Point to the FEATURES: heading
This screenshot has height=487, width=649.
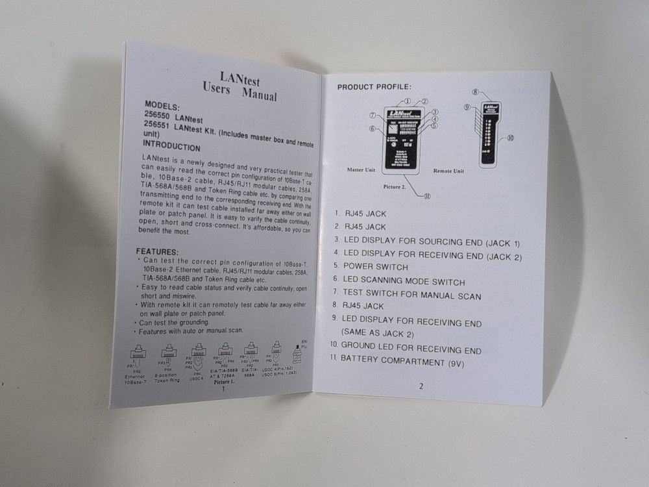(157, 251)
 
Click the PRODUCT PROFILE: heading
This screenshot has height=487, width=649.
(374, 87)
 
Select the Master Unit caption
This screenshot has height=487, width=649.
(361, 170)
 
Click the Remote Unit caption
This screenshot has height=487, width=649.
(449, 171)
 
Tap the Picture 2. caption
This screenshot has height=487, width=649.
(395, 186)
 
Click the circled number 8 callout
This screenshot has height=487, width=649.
(476, 93)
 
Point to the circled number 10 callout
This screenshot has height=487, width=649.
(510, 138)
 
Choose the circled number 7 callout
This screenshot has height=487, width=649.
(373, 115)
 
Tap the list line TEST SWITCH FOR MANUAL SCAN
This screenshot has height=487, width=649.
(412, 295)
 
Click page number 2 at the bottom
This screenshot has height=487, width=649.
(421, 386)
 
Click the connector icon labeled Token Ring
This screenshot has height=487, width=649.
(168, 353)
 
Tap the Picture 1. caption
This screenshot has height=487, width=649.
(223, 382)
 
